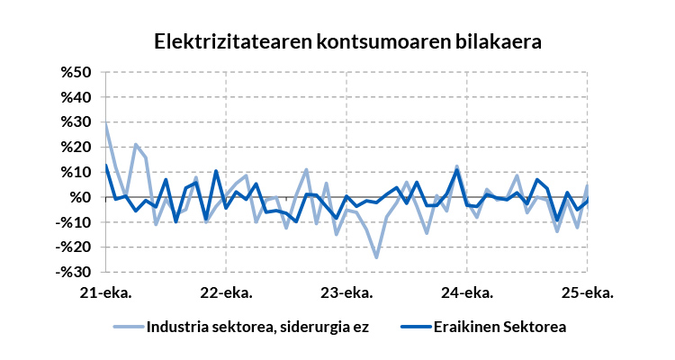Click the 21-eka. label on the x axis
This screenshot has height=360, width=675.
105,292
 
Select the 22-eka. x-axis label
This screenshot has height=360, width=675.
226,292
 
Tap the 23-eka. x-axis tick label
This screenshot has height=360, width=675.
346,292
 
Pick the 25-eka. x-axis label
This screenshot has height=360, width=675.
588,292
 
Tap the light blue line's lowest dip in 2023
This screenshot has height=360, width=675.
376,257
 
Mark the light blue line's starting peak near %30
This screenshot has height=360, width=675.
106,123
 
